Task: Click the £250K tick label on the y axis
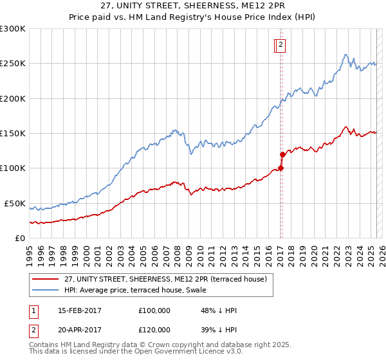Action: [x=13, y=64]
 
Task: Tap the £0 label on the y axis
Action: [x=21, y=238]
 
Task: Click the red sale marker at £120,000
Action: [x=282, y=154]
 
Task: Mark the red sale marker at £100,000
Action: [x=280, y=168]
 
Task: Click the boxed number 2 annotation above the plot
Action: [x=282, y=45]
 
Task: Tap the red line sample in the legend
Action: [x=46, y=279]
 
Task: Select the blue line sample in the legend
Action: [x=46, y=290]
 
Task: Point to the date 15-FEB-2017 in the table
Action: [x=79, y=310]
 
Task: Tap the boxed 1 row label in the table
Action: [x=33, y=310]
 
